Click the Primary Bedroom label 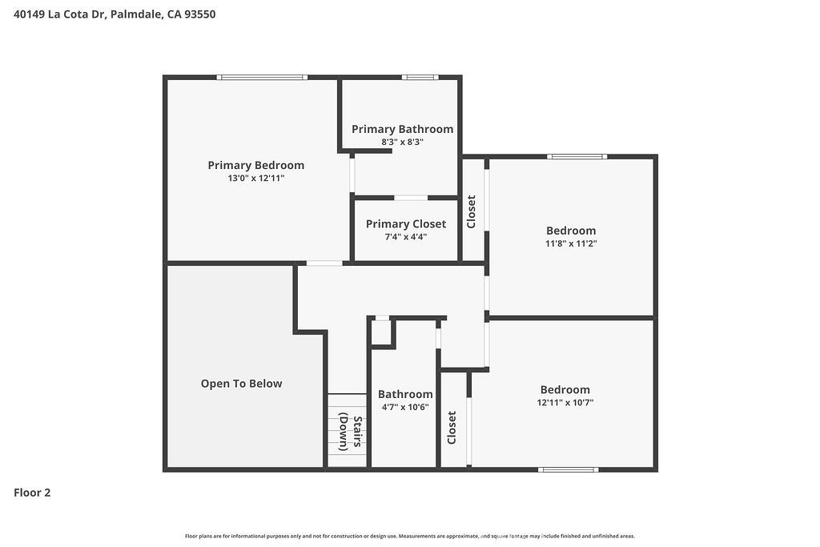coord(255,165)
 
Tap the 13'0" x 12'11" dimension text coord(255,179)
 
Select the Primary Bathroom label coord(402,129)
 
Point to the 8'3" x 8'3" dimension coord(402,143)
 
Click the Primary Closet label coord(406,224)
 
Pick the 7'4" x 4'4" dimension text coord(406,237)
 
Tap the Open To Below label coord(241,384)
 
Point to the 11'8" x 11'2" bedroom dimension coord(571,243)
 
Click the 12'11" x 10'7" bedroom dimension coord(565,403)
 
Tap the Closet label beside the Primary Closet coord(471,211)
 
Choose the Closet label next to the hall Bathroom coord(452,428)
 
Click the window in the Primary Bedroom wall coord(262,78)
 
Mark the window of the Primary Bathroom coord(420,78)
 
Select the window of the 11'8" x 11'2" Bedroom coord(577,156)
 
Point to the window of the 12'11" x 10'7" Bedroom coord(569,469)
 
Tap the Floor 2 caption coord(32,493)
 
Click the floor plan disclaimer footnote coord(410,536)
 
